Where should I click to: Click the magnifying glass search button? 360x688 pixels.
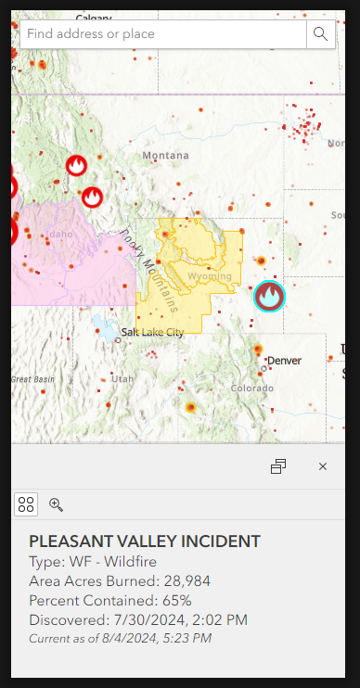[x=320, y=34]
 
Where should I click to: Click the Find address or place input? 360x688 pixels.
[x=162, y=34]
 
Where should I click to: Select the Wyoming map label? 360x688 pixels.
[x=209, y=276]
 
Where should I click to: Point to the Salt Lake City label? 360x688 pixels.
[x=152, y=332]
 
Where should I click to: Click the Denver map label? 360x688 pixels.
[x=284, y=360]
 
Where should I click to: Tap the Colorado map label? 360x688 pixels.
[x=252, y=388]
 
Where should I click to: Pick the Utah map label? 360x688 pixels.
[x=122, y=378]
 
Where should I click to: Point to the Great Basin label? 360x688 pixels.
[x=32, y=379]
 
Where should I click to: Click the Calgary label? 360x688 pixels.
[x=93, y=18]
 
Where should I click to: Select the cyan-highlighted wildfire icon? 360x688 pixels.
[x=270, y=296]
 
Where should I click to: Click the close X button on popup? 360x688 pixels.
[x=323, y=466]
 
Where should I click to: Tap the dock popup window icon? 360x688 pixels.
[x=278, y=466]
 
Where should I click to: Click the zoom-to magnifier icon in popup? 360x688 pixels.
[x=56, y=504]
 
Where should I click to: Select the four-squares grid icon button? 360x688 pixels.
[x=26, y=504]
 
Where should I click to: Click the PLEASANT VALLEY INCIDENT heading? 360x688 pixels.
[x=145, y=541]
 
